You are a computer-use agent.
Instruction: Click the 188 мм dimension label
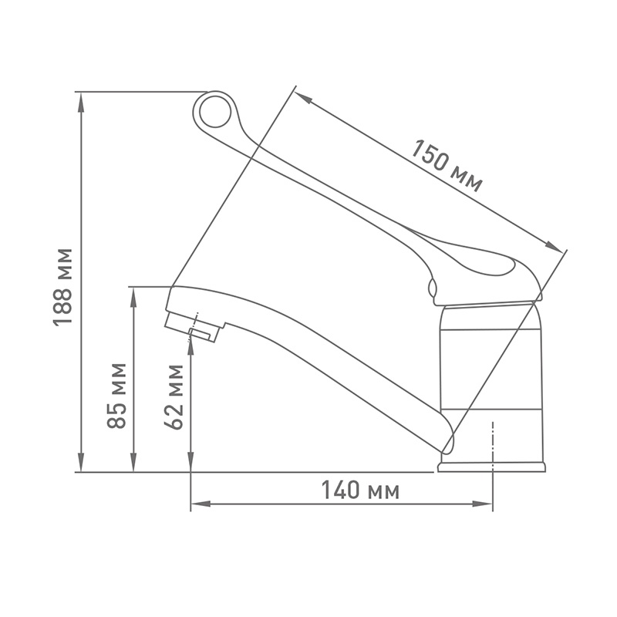click(x=62, y=287)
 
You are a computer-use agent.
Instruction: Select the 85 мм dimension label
click(x=116, y=396)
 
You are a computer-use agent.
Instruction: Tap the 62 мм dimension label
click(x=174, y=397)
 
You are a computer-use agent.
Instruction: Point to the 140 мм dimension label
click(x=360, y=490)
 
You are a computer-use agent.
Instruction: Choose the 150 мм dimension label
click(x=447, y=166)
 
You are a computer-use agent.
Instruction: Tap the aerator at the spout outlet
click(x=194, y=326)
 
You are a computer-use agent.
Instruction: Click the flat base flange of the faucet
click(x=491, y=467)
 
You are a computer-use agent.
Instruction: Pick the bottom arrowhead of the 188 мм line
click(x=81, y=461)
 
